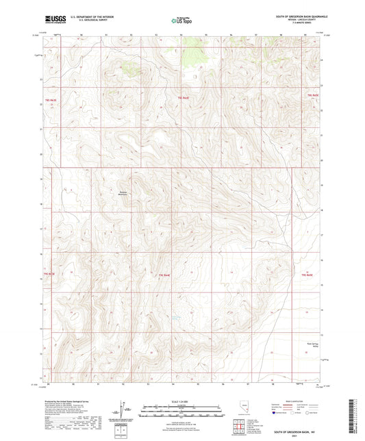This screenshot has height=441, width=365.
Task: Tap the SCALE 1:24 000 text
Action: (x=181, y=401)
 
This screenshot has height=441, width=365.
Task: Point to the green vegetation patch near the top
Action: (x=128, y=66)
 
